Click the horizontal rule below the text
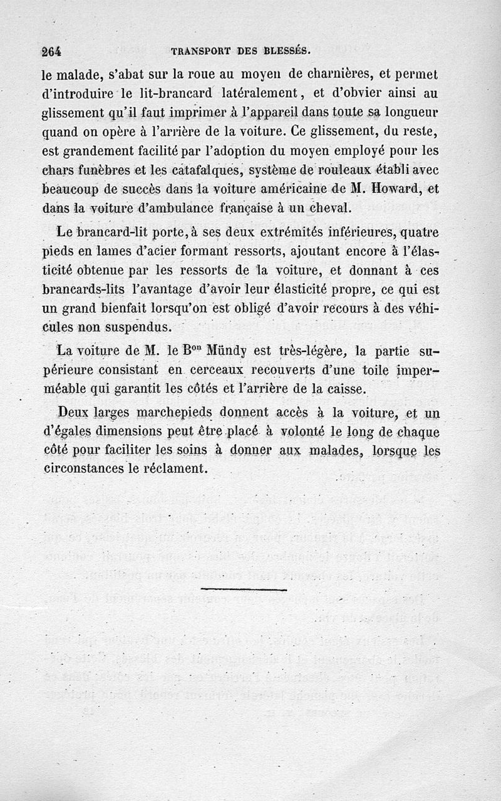tap(244, 589)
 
